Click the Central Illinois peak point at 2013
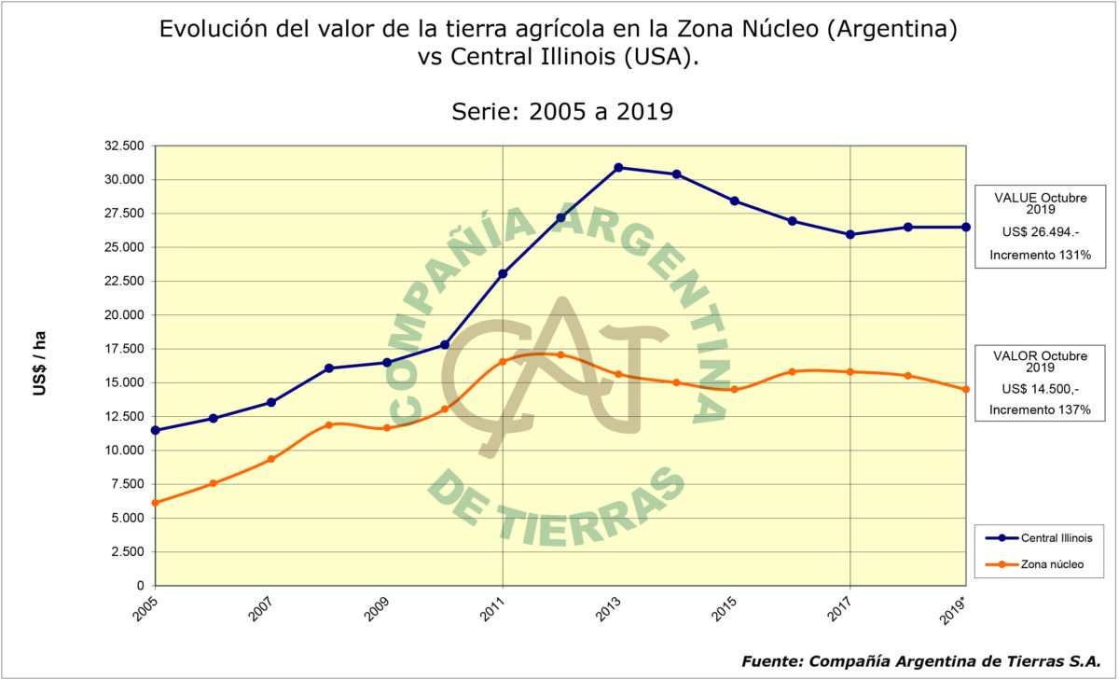tap(618, 168)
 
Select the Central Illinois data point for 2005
tap(155, 430)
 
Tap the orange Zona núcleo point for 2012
tap(560, 354)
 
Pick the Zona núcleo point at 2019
tap(966, 389)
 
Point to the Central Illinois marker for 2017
tap(850, 234)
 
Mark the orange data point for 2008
tap(328, 425)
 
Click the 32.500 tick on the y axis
tap(124, 146)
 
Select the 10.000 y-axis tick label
tap(124, 451)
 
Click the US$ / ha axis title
tap(39, 364)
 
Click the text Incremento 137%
tap(1040, 409)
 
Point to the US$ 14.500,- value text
tap(1041, 388)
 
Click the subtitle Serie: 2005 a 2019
tap(562, 112)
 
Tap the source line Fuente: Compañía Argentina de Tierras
tap(921, 660)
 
